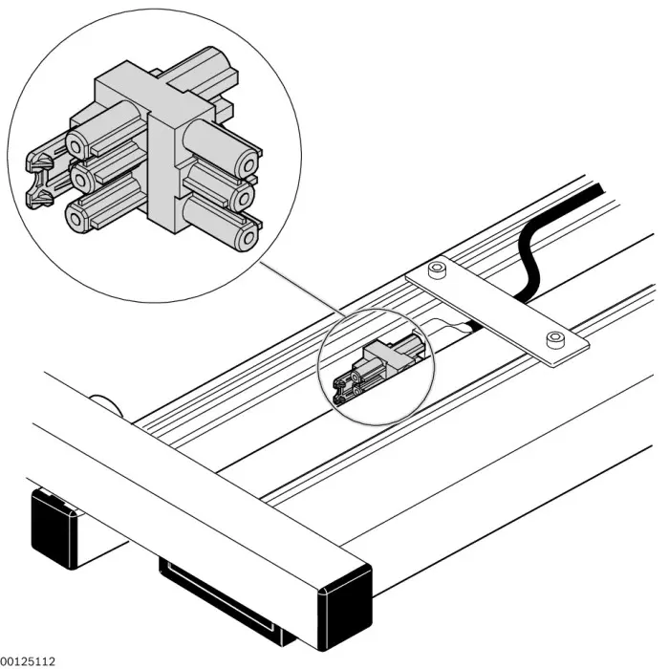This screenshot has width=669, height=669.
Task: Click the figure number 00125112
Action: point(28,659)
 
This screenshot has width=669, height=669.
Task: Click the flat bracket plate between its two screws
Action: point(494,304)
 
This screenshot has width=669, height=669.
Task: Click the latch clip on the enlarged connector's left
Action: point(39,178)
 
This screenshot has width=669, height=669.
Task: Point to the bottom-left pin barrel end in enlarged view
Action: point(76,216)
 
